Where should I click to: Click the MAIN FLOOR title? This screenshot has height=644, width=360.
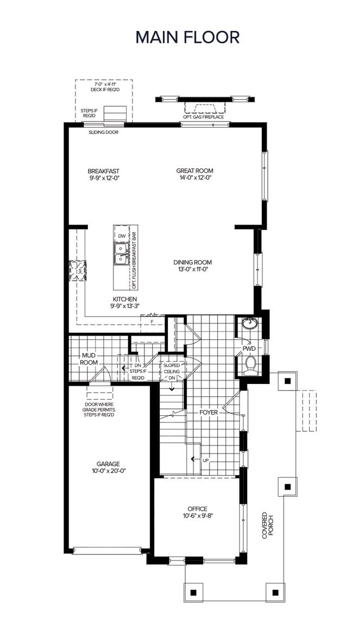pyautogui.click(x=187, y=37)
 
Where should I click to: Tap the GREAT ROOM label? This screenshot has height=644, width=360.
pyautogui.click(x=194, y=171)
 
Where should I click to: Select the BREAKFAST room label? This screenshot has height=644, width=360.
pyautogui.click(x=104, y=171)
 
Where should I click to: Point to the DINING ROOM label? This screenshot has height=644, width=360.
pyautogui.click(x=192, y=262)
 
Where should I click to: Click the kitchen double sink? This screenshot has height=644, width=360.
pyautogui.click(x=121, y=254)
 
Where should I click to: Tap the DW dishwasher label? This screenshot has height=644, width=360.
pyautogui.click(x=122, y=236)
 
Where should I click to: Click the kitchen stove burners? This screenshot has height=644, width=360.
pyautogui.click(x=77, y=270)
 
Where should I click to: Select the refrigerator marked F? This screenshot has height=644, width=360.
pyautogui.click(x=152, y=323)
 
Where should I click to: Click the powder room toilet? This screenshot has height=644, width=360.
pyautogui.click(x=250, y=365)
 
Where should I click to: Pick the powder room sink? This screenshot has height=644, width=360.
pyautogui.click(x=249, y=324)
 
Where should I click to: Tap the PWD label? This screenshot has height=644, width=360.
pyautogui.click(x=249, y=349)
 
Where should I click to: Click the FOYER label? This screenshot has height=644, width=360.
pyautogui.click(x=209, y=412)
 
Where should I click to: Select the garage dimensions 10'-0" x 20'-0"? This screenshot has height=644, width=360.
pyautogui.click(x=109, y=471)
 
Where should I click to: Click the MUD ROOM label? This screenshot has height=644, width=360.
pyautogui.click(x=89, y=359)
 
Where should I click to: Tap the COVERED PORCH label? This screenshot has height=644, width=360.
pyautogui.click(x=268, y=525)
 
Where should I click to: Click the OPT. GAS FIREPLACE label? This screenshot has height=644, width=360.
pyautogui.click(x=204, y=117)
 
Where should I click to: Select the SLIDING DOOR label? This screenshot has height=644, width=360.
pyautogui.click(x=104, y=132)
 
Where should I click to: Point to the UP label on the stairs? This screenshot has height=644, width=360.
pyautogui.click(x=206, y=460)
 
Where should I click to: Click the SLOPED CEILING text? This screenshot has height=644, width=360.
pyautogui.click(x=172, y=368)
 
